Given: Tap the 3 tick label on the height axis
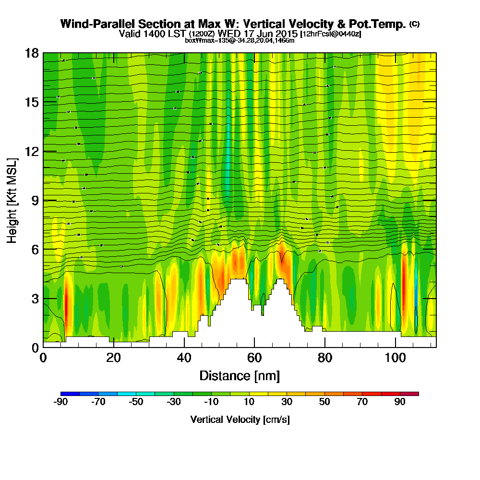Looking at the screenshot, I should pyautogui.click(x=35, y=298).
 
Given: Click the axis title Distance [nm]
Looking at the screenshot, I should pyautogui.click(x=240, y=375).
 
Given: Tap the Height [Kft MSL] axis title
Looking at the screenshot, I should pyautogui.click(x=12, y=200).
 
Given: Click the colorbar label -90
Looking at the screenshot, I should pyautogui.click(x=60, y=402).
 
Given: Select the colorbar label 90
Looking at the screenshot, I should pyautogui.click(x=400, y=402).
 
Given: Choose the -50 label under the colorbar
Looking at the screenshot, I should pyautogui.click(x=136, y=402).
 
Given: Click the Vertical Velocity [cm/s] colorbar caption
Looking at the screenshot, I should pyautogui.click(x=240, y=420).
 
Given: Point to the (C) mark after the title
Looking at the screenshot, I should pyautogui.click(x=414, y=24).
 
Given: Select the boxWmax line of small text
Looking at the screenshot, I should pyautogui.click(x=240, y=40).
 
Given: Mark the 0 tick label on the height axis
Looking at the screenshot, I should pyautogui.click(x=35, y=347).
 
